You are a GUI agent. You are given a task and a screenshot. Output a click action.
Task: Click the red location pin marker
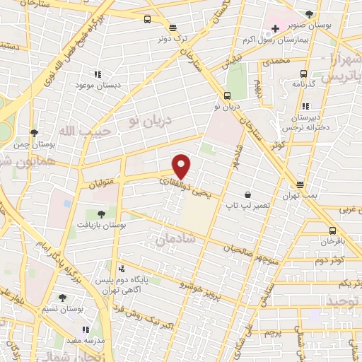click(x=182, y=166)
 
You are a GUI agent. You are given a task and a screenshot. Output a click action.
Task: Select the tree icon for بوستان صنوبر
click(x=310, y=13)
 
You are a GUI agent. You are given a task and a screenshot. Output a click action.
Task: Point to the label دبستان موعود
click(x=98, y=85)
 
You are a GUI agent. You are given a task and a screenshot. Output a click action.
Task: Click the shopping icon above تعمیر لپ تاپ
click(x=248, y=194)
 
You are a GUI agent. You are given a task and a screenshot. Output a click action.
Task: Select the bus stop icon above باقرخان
click(x=332, y=230)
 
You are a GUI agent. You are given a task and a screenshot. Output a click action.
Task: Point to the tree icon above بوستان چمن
click(x=34, y=133)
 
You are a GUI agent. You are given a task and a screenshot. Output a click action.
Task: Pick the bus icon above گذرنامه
click(x=304, y=74)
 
